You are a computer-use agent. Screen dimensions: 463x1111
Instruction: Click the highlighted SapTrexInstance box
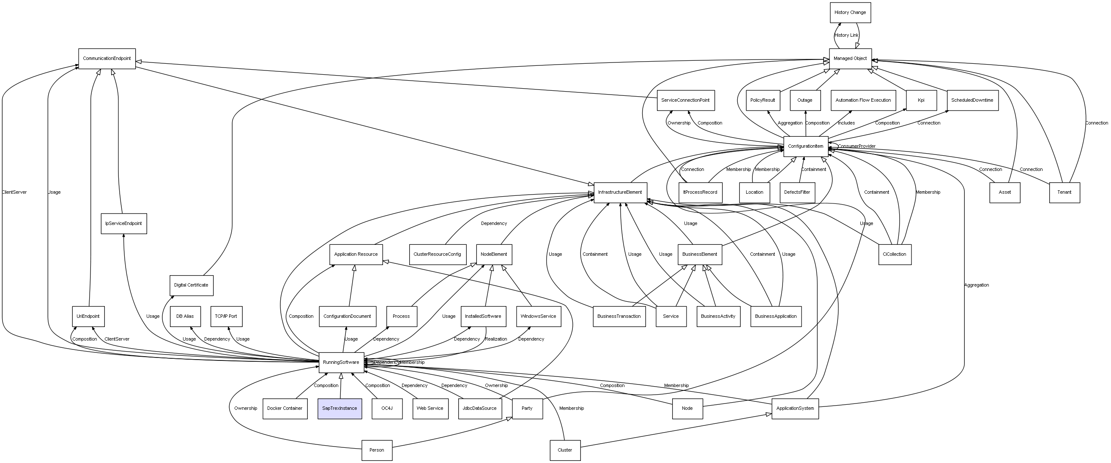(339, 408)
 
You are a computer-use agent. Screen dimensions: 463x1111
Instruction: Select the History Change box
(850, 13)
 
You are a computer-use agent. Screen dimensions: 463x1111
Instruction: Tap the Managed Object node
(850, 59)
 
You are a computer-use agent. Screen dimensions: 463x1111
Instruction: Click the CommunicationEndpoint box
(107, 59)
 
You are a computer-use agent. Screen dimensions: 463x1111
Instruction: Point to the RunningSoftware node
(341, 363)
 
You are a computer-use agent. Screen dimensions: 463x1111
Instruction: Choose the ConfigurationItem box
(806, 146)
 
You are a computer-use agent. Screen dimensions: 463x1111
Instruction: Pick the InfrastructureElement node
(620, 192)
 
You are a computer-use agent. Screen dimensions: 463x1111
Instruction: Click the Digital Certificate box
(191, 285)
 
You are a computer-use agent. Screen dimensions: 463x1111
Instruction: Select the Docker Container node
(285, 408)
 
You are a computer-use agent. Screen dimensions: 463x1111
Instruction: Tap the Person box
(377, 450)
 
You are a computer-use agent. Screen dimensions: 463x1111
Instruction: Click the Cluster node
(564, 450)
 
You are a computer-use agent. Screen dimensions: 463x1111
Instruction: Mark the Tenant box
(1064, 192)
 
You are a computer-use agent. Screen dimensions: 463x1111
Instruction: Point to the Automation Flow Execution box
(863, 100)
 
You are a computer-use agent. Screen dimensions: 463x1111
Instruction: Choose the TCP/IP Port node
(226, 316)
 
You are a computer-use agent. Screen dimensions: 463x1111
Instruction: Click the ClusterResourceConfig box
(437, 254)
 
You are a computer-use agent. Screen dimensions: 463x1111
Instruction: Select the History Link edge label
(846, 35)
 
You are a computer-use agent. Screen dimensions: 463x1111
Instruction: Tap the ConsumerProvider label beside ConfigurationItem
(857, 146)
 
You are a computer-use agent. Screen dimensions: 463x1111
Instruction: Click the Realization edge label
(496, 339)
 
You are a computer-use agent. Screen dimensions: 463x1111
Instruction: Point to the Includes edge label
(846, 123)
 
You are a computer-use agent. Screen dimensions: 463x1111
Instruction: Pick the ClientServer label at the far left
(14, 192)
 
